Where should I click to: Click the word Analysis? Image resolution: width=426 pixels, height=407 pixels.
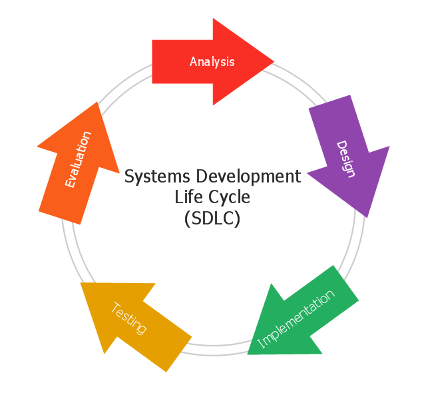tap(212, 62)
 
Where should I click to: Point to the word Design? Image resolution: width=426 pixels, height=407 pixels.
tap(345, 159)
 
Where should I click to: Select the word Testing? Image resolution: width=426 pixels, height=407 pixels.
tap(128, 318)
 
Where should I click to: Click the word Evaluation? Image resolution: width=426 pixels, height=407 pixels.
tap(78, 159)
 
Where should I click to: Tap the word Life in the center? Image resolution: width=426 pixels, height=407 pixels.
tap(186, 198)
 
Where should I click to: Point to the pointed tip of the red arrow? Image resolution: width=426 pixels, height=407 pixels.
tap(273, 61)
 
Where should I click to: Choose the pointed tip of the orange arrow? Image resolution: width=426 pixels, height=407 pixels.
tap(98, 103)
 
